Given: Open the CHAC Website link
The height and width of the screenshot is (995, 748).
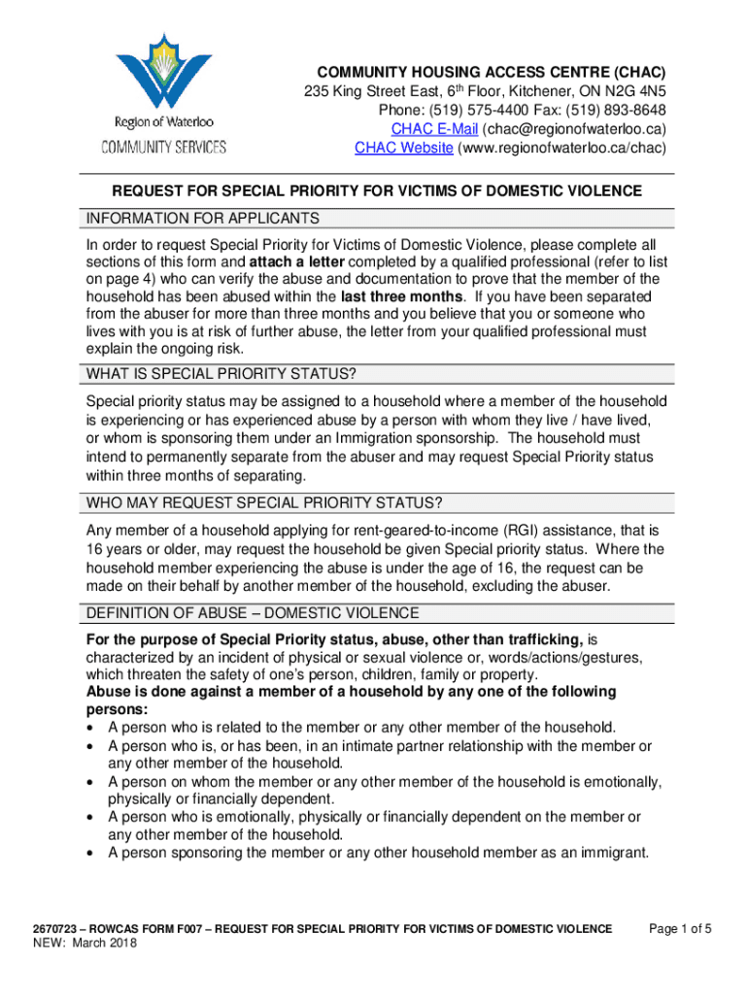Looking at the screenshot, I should [x=403, y=148].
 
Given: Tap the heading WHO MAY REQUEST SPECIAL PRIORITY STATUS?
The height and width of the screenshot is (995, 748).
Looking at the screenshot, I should [x=264, y=503].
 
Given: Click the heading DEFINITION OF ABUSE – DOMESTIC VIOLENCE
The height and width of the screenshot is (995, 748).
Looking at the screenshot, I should [x=253, y=613].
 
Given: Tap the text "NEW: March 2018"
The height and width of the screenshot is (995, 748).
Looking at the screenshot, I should [x=85, y=944].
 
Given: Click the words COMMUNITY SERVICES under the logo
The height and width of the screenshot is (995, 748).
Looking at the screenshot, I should [x=164, y=148].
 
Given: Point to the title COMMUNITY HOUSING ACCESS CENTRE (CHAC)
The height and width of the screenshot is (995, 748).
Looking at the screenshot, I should [x=481, y=74].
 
